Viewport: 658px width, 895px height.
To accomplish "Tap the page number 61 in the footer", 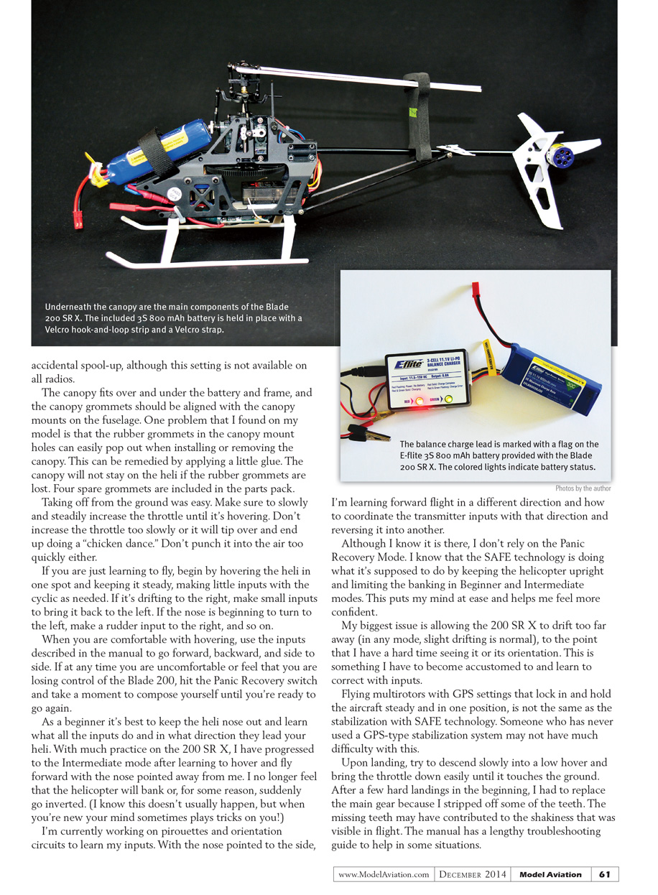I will [604, 874].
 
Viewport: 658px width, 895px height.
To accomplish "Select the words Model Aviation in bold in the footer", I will [550, 874].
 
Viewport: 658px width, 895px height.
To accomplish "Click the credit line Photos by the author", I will [583, 488].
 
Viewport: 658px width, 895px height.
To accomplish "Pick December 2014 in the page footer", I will [473, 874].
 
